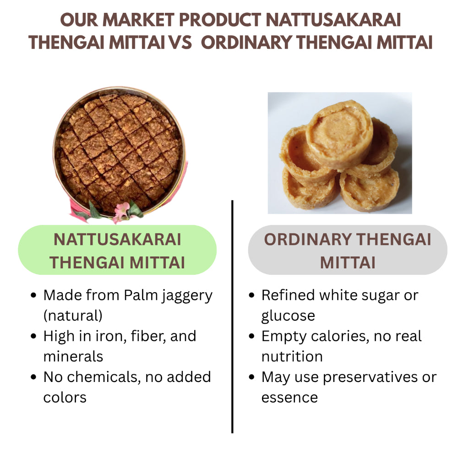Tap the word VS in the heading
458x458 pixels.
coord(180,42)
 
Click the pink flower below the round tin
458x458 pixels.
coord(122,211)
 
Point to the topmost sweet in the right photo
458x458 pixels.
coord(340,134)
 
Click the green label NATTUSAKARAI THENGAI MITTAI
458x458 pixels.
coord(117,250)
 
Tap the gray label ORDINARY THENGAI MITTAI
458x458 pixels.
coord(348,250)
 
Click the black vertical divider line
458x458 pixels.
coord(232,316)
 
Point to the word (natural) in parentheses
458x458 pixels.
coord(73,316)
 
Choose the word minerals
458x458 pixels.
coord(73,356)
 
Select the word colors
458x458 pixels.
coord(65,398)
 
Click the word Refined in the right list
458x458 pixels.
coord(288,295)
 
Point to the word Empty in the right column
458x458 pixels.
coord(284,337)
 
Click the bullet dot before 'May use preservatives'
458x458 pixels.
coord(251,377)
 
